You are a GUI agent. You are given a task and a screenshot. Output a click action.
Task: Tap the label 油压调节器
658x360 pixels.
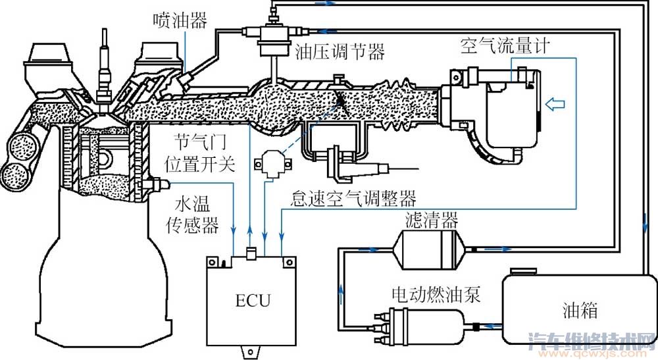pyautogui.click(x=340, y=51)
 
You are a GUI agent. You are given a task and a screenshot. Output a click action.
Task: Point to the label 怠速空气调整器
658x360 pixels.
pyautogui.click(x=356, y=197)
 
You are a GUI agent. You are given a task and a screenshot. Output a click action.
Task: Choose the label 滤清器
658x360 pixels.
pyautogui.click(x=432, y=218)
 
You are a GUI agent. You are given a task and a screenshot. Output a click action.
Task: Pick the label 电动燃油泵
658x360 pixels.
pyautogui.click(x=436, y=294)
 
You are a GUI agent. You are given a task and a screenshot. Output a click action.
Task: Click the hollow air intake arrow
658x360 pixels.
pyautogui.click(x=555, y=103)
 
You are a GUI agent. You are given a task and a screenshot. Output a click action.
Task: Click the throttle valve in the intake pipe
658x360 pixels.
pyautogui.click(x=341, y=100)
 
